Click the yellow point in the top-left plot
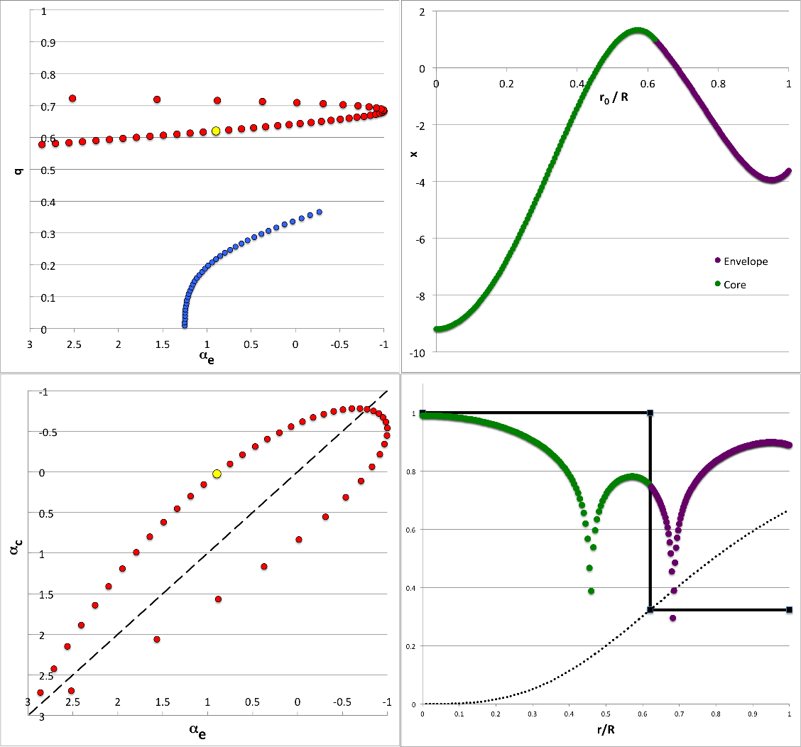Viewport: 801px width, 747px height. point(216,131)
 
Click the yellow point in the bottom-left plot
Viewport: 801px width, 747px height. point(217,474)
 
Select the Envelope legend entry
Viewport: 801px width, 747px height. point(745,261)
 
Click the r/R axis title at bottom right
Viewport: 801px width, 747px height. point(605,732)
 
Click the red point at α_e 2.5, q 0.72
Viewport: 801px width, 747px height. point(72,99)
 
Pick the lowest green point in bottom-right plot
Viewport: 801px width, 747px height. point(592,591)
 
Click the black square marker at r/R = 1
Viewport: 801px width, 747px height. point(789,609)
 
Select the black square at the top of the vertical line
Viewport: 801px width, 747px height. point(650,413)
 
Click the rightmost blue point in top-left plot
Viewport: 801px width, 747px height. point(320,212)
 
